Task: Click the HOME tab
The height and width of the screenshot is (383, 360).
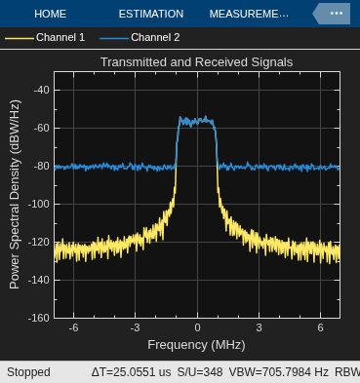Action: pyautogui.click(x=50, y=14)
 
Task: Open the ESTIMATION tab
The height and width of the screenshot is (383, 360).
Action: pyautogui.click(x=151, y=14)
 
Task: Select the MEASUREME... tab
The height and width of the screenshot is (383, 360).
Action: pyautogui.click(x=249, y=14)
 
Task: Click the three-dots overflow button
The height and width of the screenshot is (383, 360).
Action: pyautogui.click(x=337, y=14)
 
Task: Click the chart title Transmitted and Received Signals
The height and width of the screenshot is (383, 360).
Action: pyautogui.click(x=196, y=62)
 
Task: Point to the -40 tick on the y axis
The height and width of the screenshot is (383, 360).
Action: pyautogui.click(x=42, y=90)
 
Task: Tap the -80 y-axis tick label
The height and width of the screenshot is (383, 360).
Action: pyautogui.click(x=42, y=166)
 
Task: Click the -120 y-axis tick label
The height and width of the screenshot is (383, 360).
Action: pyautogui.click(x=39, y=242)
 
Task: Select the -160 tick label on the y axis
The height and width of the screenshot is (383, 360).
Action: pyautogui.click(x=39, y=318)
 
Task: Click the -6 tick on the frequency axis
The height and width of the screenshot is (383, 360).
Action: pyautogui.click(x=73, y=327)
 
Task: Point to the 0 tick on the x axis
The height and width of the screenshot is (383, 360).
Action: pyautogui.click(x=197, y=327)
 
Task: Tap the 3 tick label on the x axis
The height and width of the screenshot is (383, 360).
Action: pyautogui.click(x=259, y=327)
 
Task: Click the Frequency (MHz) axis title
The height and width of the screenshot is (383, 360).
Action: pyautogui.click(x=196, y=345)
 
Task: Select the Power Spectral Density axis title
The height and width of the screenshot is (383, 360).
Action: pyautogui.click(x=15, y=195)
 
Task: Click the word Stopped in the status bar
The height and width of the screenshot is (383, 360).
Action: pyautogui.click(x=28, y=372)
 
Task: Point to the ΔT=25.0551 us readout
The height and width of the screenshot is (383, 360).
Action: pyautogui.click(x=131, y=372)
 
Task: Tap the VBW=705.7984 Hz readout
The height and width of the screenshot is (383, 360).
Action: pyautogui.click(x=279, y=372)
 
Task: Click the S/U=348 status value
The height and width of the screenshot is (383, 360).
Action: pyautogui.click(x=200, y=372)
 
